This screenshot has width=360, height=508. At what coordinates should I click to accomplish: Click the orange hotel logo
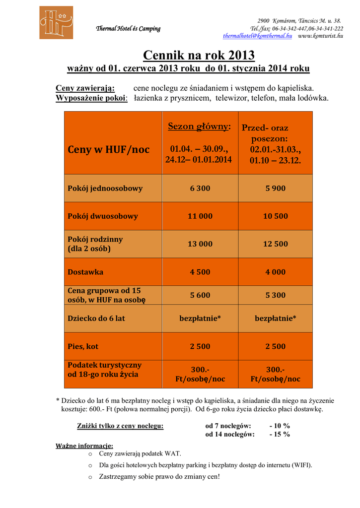click(56, 22)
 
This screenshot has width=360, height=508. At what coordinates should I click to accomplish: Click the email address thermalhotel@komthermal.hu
click(257, 36)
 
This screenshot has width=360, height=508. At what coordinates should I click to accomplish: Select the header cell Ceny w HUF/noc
click(108, 149)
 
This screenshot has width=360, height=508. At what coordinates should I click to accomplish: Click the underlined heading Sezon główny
click(199, 127)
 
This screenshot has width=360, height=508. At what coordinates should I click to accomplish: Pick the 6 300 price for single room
click(200, 189)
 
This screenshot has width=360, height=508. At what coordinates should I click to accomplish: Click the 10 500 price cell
click(275, 216)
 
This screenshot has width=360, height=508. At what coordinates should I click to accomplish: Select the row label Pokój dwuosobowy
click(103, 216)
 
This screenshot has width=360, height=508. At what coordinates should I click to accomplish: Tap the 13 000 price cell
click(200, 244)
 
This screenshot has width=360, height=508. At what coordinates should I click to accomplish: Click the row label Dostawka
click(85, 272)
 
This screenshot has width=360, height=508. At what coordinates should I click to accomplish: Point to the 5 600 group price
click(200, 295)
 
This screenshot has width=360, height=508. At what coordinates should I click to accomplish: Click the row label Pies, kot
click(83, 346)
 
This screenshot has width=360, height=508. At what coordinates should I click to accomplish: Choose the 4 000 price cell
click(275, 272)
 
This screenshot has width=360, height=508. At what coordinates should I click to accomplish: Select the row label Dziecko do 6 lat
click(96, 318)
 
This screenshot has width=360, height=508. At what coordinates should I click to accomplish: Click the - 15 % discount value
click(280, 435)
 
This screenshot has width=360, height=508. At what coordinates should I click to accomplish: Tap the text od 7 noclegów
click(228, 426)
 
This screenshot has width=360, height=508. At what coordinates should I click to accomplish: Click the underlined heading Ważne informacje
click(84, 445)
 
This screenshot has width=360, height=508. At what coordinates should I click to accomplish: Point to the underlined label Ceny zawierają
click(85, 88)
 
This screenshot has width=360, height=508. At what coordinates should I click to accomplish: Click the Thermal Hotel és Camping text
click(128, 29)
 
